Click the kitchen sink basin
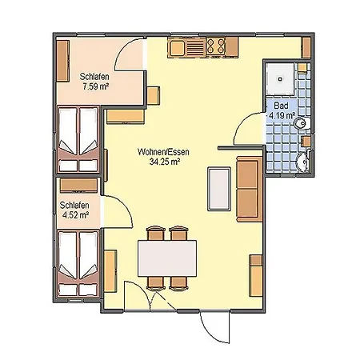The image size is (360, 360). [x=177, y=48]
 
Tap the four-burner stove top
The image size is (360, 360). [x=216, y=46]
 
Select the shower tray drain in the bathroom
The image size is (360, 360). [x=280, y=79]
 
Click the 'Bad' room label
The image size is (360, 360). [x=281, y=106]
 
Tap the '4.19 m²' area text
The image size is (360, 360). [x=282, y=116]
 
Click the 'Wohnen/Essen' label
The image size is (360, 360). [x=163, y=152]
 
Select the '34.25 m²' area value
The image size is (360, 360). [x=164, y=162]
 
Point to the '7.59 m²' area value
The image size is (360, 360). [x=96, y=86]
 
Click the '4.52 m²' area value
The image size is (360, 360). [x=75, y=215]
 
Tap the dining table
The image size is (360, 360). [x=167, y=258]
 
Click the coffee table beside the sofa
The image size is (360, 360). [x=219, y=189]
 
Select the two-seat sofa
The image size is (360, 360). [x=250, y=190]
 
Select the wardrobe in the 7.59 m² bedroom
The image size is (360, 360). [x=63, y=61]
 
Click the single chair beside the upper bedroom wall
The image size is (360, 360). [x=154, y=96]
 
